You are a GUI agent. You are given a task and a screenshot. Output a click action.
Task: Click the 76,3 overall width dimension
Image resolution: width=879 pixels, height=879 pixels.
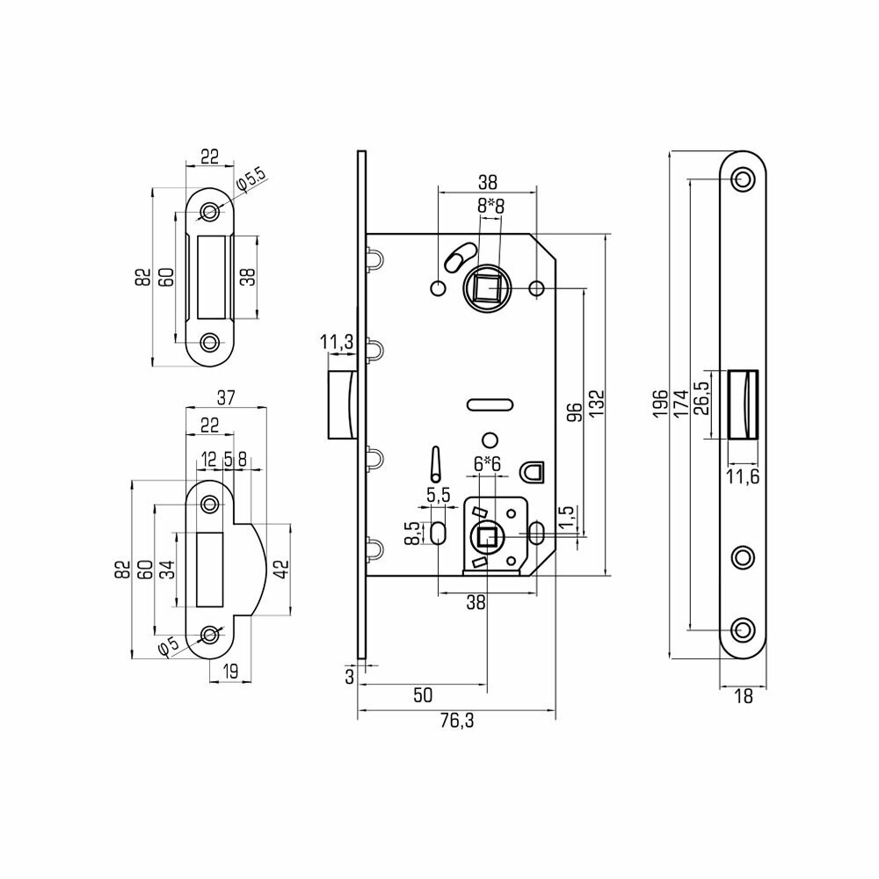[x=457, y=722]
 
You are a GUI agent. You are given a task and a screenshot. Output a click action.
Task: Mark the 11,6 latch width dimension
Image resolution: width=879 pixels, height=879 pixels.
[x=744, y=477]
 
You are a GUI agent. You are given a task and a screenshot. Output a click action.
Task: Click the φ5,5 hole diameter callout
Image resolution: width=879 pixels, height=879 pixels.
[x=252, y=178]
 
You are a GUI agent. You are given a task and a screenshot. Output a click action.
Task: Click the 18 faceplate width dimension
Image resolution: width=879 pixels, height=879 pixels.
[x=744, y=696]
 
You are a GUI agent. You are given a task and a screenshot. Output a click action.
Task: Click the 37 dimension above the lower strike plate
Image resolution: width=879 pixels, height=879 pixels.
[x=225, y=398]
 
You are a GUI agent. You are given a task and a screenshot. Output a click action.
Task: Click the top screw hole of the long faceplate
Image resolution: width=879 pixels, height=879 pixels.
[x=744, y=180]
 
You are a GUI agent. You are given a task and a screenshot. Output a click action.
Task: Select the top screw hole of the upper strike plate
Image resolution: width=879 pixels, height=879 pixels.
[x=210, y=212]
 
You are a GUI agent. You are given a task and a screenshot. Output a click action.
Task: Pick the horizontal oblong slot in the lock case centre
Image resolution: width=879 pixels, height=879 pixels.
[x=488, y=404]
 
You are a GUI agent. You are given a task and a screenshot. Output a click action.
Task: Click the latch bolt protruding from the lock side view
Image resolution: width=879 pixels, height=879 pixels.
[x=338, y=404]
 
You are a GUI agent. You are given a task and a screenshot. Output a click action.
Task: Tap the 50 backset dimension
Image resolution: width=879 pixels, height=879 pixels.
[x=422, y=695]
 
